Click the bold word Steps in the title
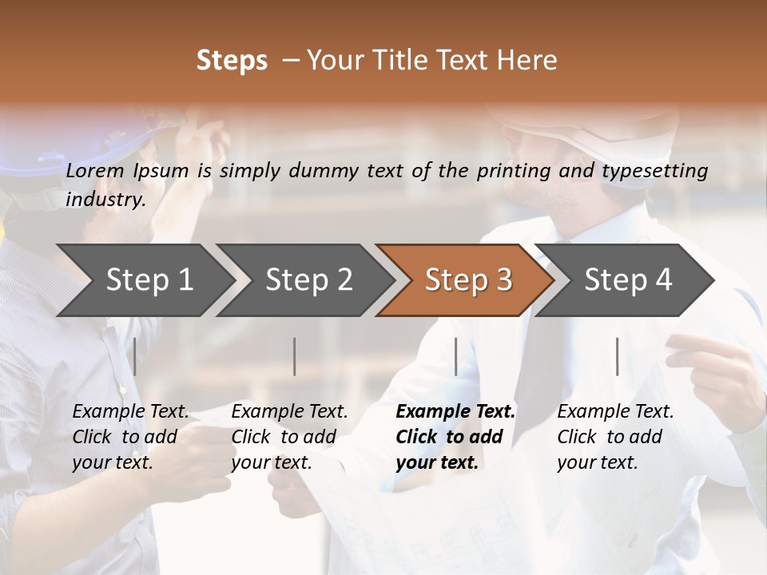click(232, 61)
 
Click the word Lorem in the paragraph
click(95, 171)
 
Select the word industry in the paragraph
click(105, 200)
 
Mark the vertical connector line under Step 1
click(135, 356)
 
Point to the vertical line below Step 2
click(295, 356)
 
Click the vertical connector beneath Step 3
click(455, 356)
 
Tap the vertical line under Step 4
click(617, 356)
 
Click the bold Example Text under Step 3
click(455, 412)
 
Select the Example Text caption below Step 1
click(130, 412)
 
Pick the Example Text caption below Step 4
click(615, 412)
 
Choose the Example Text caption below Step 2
click(289, 412)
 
